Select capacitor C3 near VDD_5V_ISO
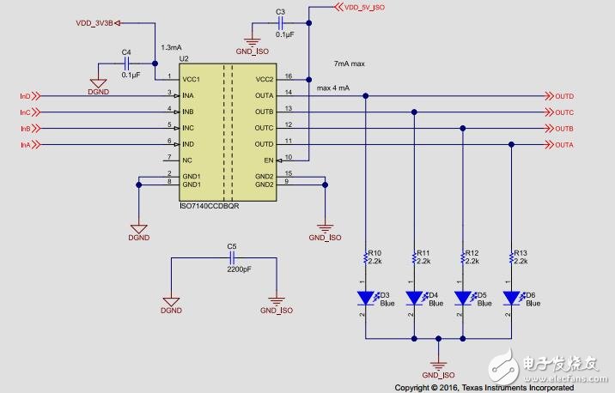[280, 23]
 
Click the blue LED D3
[366, 298]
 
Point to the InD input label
[25, 96]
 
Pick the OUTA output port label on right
[564, 144]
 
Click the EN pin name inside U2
[268, 159]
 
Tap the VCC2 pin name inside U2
[264, 80]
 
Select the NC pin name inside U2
[188, 159]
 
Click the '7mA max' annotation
[350, 64]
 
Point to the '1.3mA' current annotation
[172, 48]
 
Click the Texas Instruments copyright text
[484, 387]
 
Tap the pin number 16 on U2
[289, 76]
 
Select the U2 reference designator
[183, 58]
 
